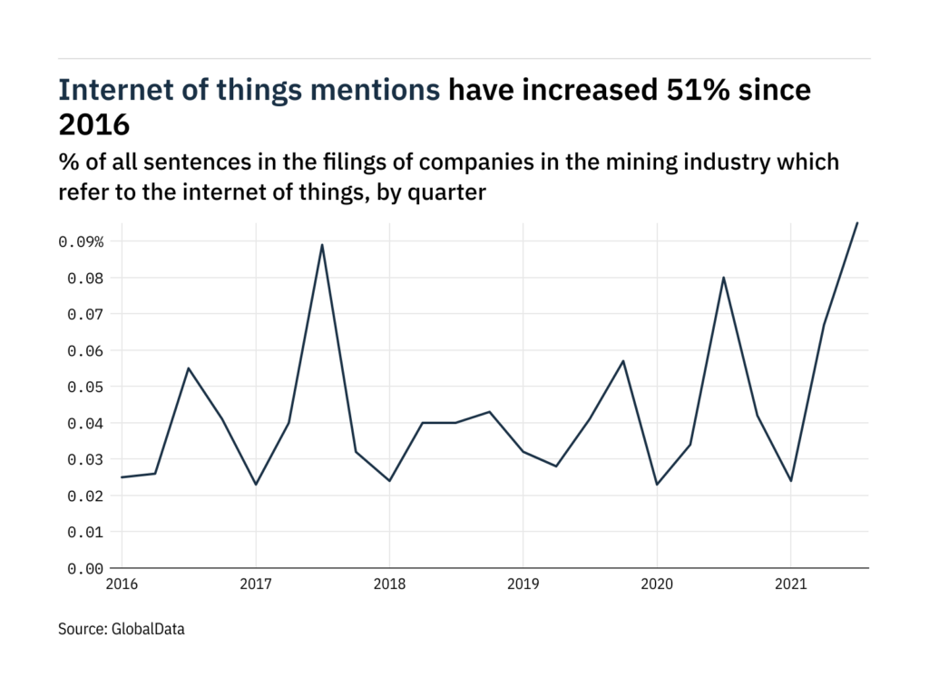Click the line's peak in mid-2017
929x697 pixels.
(322, 244)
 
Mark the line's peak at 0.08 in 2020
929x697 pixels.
(723, 277)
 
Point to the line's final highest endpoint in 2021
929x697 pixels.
(857, 222)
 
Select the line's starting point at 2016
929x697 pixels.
(122, 477)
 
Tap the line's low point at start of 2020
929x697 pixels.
(657, 485)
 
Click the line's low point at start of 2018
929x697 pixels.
(389, 481)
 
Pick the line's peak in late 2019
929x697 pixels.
(623, 360)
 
